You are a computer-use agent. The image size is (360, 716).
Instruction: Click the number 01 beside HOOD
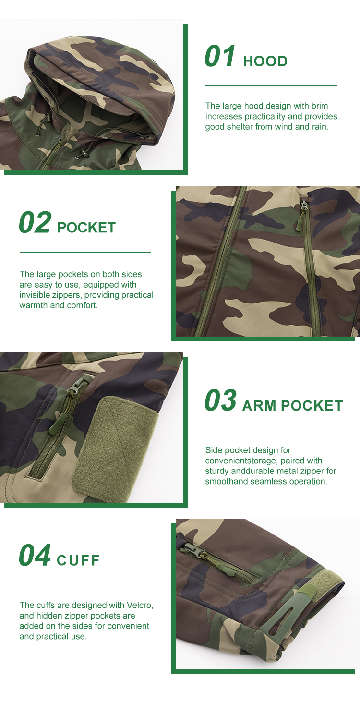tap(220, 56)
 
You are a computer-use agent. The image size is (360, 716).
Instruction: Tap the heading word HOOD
tap(265, 61)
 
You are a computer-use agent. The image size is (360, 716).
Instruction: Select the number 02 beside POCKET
tap(35, 222)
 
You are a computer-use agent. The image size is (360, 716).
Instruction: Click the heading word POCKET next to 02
tap(86, 228)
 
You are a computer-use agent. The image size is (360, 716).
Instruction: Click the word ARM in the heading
tap(259, 406)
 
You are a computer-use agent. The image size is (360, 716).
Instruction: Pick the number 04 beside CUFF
tap(35, 555)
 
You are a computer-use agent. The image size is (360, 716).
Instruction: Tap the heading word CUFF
tap(78, 560)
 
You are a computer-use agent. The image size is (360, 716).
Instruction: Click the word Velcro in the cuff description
tap(140, 606)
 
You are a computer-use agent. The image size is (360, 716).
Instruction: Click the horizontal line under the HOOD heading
tap(271, 86)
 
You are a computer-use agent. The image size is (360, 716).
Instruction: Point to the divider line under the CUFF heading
tap(85, 585)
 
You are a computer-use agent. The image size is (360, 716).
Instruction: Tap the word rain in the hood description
tap(319, 127)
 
